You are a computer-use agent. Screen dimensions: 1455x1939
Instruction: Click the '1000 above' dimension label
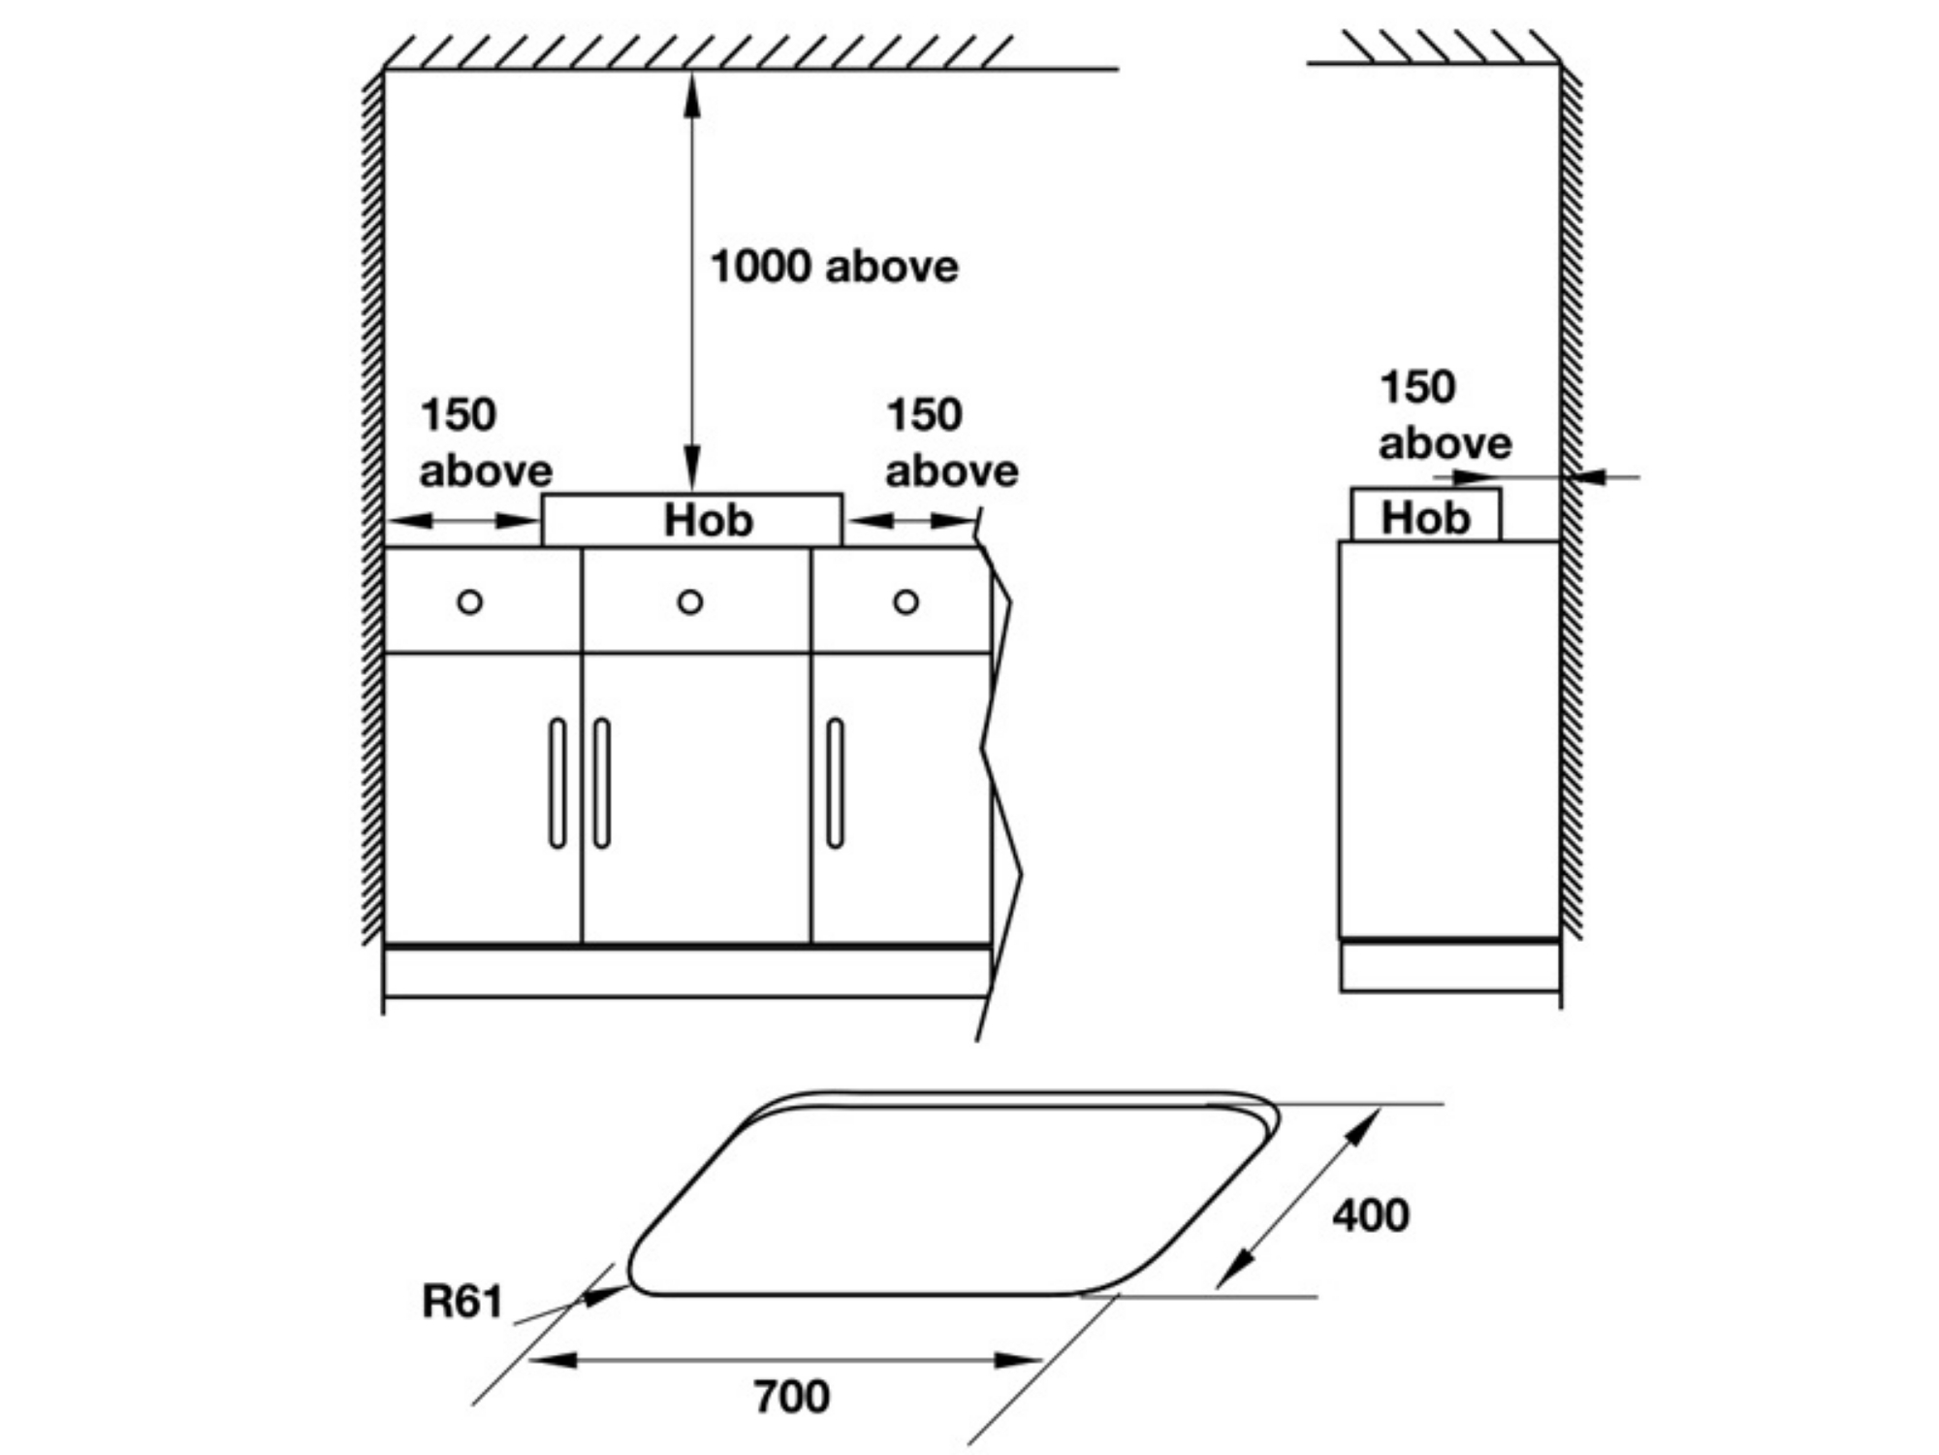(834, 267)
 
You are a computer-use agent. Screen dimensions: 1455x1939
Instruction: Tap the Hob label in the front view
(708, 521)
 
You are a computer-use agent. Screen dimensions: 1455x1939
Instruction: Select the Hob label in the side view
(1425, 518)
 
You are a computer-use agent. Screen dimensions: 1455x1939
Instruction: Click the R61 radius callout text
(462, 1302)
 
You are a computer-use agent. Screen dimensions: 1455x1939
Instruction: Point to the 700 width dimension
(791, 1397)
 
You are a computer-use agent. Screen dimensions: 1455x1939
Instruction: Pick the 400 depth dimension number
(1370, 1214)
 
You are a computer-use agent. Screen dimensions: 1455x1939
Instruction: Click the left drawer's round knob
(469, 602)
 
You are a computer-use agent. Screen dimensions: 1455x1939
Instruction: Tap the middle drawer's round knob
(690, 602)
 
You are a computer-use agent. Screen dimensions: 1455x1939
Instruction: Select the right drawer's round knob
(906, 602)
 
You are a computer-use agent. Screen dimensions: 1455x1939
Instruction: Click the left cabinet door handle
(557, 783)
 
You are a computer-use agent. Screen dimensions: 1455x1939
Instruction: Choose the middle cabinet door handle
(602, 783)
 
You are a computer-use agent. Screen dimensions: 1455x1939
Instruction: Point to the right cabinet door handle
(835, 783)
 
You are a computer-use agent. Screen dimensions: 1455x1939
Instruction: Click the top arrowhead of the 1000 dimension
(691, 92)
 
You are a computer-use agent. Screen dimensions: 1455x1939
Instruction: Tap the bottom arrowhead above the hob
(691, 470)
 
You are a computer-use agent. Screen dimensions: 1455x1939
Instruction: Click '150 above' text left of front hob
(485, 443)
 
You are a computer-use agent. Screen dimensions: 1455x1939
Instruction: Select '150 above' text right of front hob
(951, 443)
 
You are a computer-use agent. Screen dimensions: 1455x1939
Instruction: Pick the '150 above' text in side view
(1445, 415)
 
